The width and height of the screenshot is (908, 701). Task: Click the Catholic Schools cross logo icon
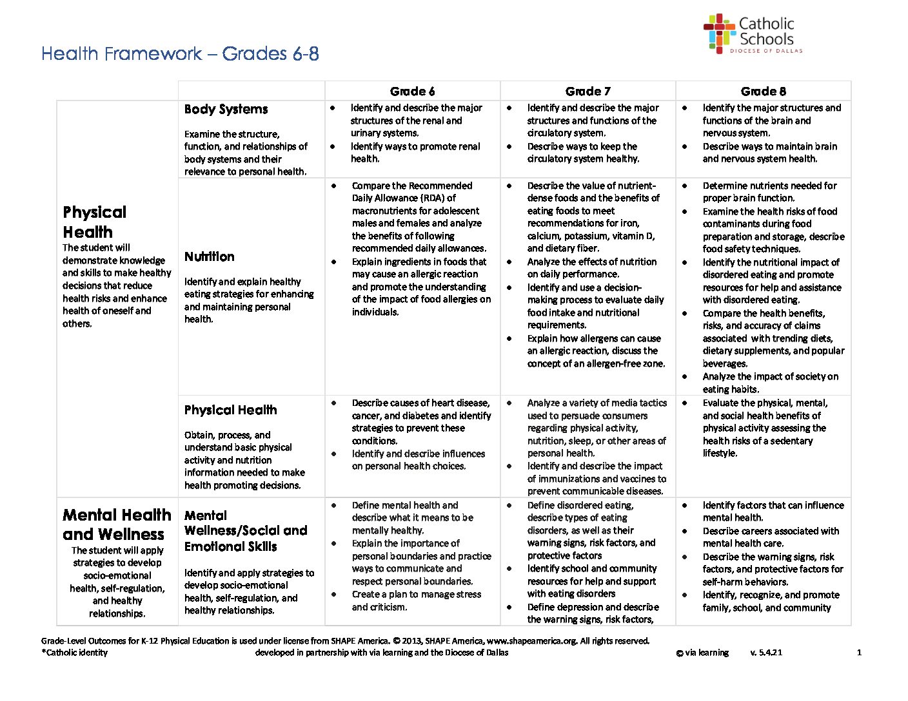719,34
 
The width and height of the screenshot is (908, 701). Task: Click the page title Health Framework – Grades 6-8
180,53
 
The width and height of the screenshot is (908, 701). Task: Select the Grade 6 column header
412,91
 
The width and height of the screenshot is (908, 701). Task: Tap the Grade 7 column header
587,91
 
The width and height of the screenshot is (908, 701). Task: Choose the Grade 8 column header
763,91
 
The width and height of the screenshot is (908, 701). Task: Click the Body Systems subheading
226,110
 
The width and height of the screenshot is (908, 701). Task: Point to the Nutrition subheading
209,256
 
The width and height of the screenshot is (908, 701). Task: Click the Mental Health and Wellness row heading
117,524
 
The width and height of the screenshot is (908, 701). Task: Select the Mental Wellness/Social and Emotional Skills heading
245,531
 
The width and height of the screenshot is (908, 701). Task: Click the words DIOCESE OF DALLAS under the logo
766,50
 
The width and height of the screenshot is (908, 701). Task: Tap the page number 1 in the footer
859,653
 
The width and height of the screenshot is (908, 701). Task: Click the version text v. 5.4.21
766,653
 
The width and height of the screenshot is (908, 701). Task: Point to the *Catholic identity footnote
74,653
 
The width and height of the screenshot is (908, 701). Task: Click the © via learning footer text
702,653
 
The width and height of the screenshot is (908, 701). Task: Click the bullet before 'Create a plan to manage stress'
333,595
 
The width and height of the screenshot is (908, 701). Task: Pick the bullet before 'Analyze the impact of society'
685,377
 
